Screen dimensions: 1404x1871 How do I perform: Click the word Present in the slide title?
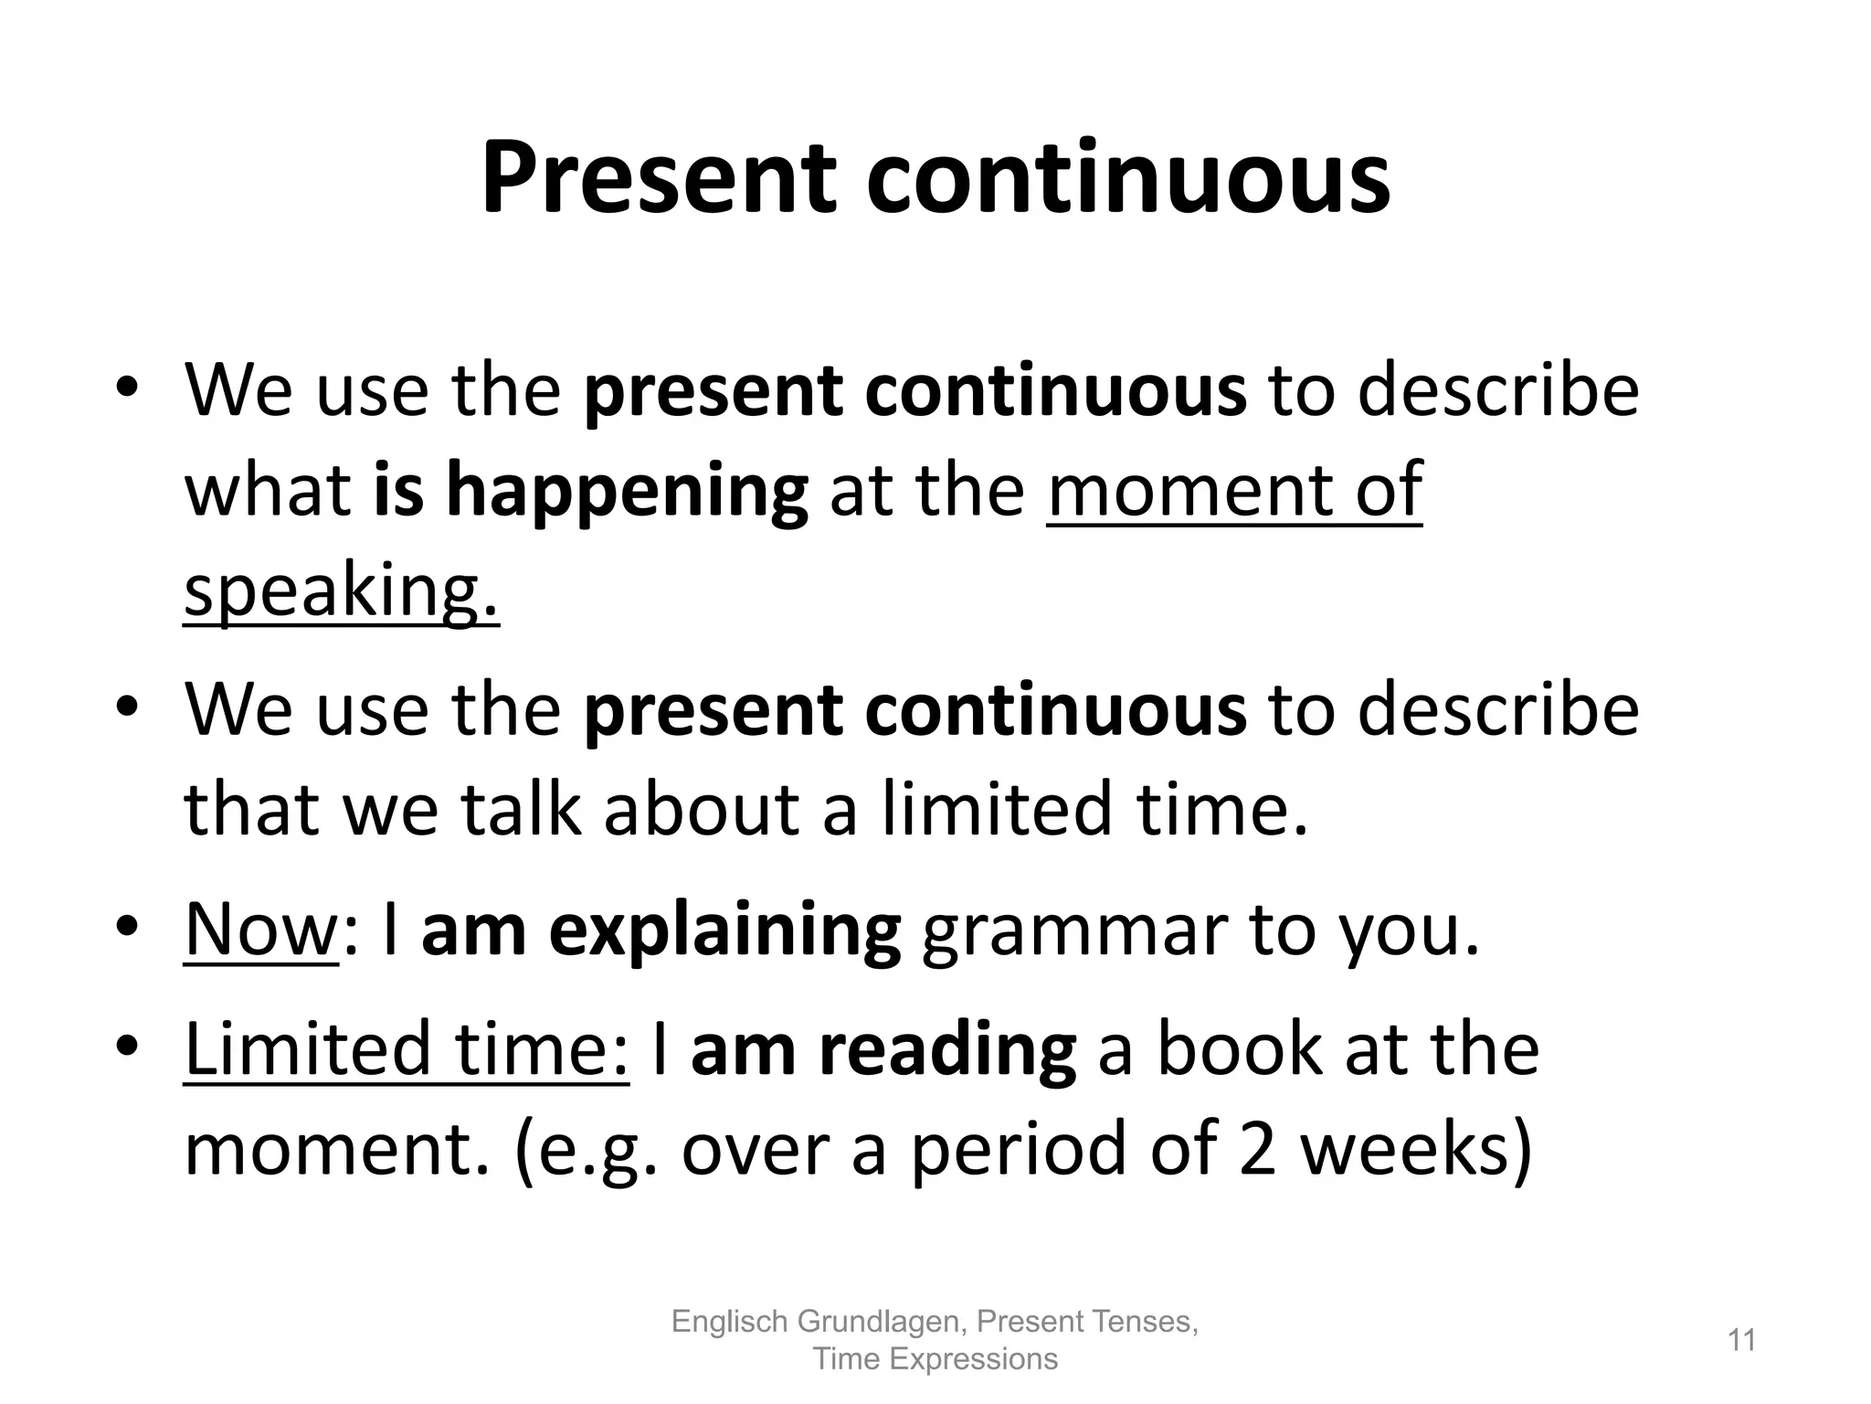tap(658, 178)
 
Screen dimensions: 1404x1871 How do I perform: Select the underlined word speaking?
tap(341, 590)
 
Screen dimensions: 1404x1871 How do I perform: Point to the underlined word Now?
tap(261, 930)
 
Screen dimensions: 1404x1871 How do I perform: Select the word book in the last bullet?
tap(1239, 1048)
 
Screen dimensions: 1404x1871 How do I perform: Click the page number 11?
tap(1742, 1341)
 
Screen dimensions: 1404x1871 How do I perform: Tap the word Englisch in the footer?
tap(729, 1321)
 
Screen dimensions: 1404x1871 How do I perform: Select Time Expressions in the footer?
tap(935, 1359)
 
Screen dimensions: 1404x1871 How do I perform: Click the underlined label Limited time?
tap(407, 1048)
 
